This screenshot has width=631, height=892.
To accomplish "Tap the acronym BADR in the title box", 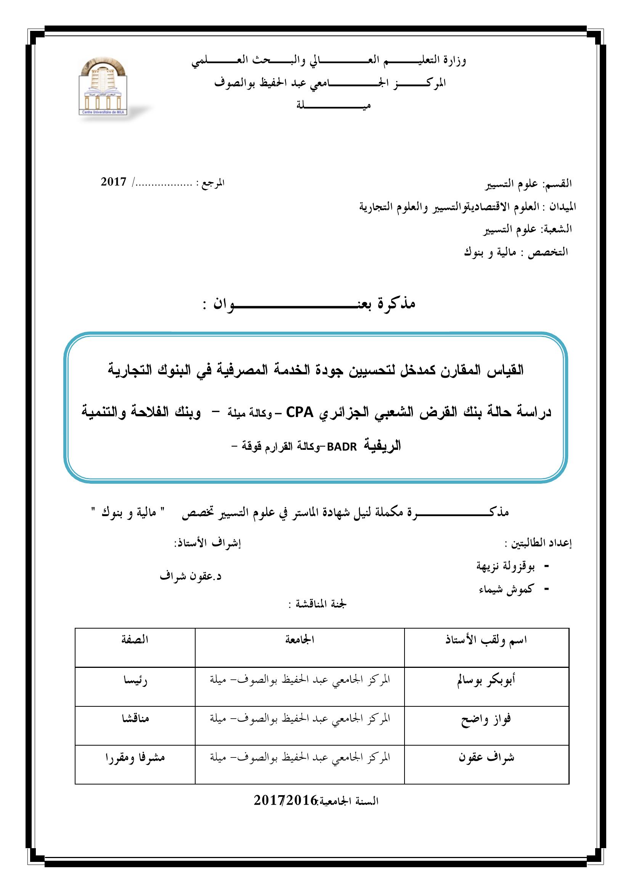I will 342,447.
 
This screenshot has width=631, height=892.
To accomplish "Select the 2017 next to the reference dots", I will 114,182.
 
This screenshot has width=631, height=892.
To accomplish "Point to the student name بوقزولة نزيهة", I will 506,567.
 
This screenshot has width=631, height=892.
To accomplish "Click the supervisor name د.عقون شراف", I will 190,576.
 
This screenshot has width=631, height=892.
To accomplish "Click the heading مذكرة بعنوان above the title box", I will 309,304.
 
